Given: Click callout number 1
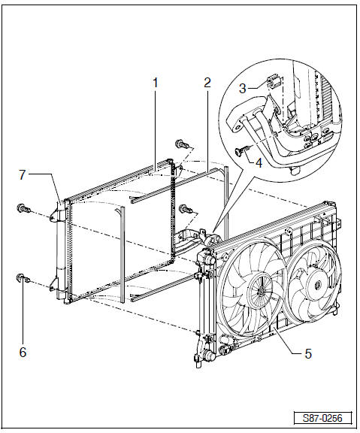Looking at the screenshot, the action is pyautogui.click(x=155, y=83).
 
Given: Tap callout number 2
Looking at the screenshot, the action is pyautogui.click(x=207, y=83).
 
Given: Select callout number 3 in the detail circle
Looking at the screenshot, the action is pyautogui.click(x=243, y=89).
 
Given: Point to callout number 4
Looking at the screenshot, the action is pyautogui.click(x=259, y=163).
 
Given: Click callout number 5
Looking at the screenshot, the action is pyautogui.click(x=308, y=353).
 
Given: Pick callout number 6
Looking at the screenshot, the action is pyautogui.click(x=23, y=352).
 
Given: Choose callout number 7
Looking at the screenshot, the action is pyautogui.click(x=23, y=175).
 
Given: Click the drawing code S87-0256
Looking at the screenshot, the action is pyautogui.click(x=322, y=418).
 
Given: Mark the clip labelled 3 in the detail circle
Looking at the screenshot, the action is pyautogui.click(x=274, y=81).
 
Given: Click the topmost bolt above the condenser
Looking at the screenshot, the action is pyautogui.click(x=182, y=144).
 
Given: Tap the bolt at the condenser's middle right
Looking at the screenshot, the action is pyautogui.click(x=186, y=209).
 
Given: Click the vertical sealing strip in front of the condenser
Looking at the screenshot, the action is pyautogui.click(x=123, y=254).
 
